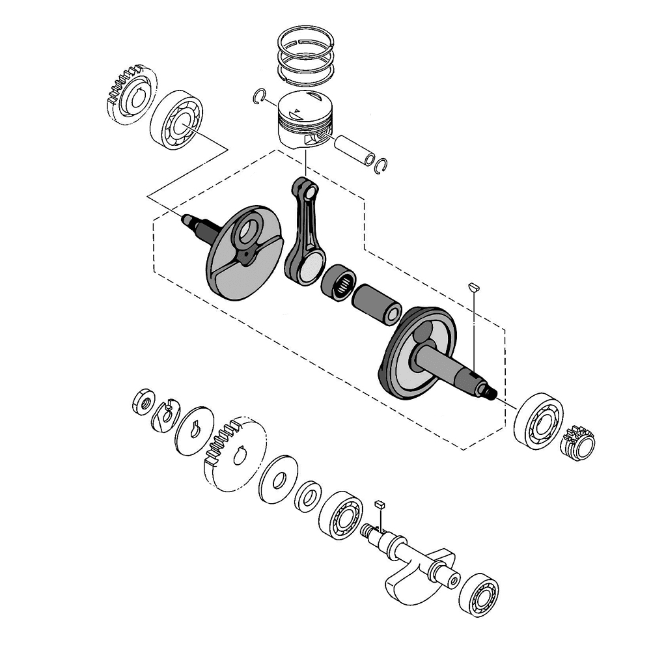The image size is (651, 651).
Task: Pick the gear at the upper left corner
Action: (x=130, y=94)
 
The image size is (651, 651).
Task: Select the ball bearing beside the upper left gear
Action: (x=176, y=120)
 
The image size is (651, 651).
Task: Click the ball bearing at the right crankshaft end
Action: (x=538, y=419)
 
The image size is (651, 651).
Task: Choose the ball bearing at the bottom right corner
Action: (x=478, y=594)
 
